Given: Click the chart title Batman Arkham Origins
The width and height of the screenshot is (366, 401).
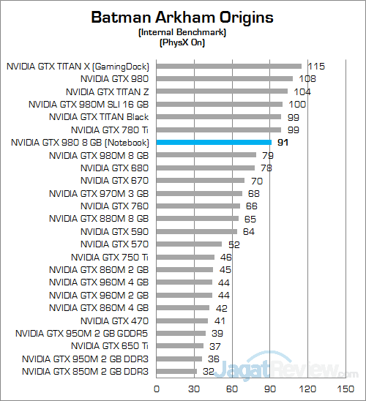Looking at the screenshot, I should pyautogui.click(x=183, y=17).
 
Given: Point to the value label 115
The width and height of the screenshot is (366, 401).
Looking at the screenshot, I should pyautogui.click(x=317, y=66).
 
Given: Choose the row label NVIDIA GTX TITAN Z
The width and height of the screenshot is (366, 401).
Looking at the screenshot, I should pyautogui.click(x=107, y=91).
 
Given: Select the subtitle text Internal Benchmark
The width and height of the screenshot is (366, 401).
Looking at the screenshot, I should pyautogui.click(x=183, y=33).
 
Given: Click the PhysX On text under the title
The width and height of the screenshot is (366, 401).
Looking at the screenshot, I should pyautogui.click(x=183, y=42).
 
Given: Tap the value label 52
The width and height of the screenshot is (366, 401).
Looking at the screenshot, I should pyautogui.click(x=234, y=244).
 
